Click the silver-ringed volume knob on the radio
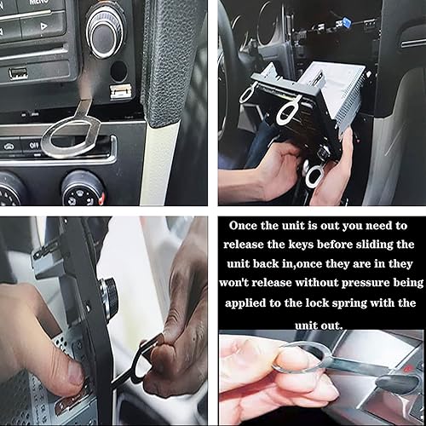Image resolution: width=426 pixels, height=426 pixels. (x=106, y=32)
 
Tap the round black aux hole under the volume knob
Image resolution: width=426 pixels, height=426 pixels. (x=118, y=71)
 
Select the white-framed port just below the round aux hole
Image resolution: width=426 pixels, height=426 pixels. (x=121, y=91)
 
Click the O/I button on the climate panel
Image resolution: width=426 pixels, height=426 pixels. (x=33, y=146)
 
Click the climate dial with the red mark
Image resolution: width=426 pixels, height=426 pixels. (x=83, y=189)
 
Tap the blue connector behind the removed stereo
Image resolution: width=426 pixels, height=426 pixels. (x=347, y=22)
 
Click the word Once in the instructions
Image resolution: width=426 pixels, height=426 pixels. (x=244, y=226)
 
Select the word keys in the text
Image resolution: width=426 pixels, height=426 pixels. (x=301, y=245)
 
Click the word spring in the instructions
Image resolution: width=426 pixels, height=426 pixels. (x=349, y=303)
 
